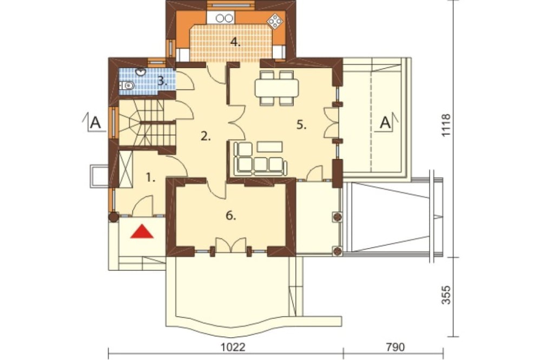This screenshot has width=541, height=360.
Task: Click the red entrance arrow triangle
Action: pyautogui.click(x=142, y=231)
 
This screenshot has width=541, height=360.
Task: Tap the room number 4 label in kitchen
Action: pyautogui.click(x=235, y=43)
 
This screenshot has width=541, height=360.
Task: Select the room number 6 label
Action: pyautogui.click(x=231, y=216)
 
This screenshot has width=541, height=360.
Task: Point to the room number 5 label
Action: pyautogui.click(x=301, y=125)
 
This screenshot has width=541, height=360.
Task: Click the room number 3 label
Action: pyautogui.click(x=162, y=82)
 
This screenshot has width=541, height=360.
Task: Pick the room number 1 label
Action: pyautogui.click(x=150, y=178)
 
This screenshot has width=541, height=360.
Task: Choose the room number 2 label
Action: pyautogui.click(x=206, y=137)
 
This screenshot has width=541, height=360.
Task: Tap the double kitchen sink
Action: pyautogui.click(x=224, y=18)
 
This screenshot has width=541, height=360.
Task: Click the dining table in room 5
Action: pyautogui.click(x=276, y=88)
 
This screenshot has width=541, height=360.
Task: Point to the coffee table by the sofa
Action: pyautogui.click(x=270, y=146)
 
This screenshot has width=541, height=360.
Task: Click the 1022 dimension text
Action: pyautogui.click(x=233, y=347)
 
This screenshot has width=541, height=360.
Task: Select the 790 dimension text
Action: pyautogui.click(x=395, y=347)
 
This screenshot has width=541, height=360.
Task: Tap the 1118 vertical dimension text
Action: pyautogui.click(x=446, y=125)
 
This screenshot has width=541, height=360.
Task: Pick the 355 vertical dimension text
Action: pyautogui.click(x=446, y=295)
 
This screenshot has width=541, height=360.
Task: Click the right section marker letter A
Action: pyautogui.click(x=385, y=122)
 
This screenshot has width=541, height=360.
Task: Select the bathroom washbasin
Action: pyautogui.click(x=141, y=72)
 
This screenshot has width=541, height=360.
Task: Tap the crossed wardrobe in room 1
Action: pyautogui.click(x=126, y=169)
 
